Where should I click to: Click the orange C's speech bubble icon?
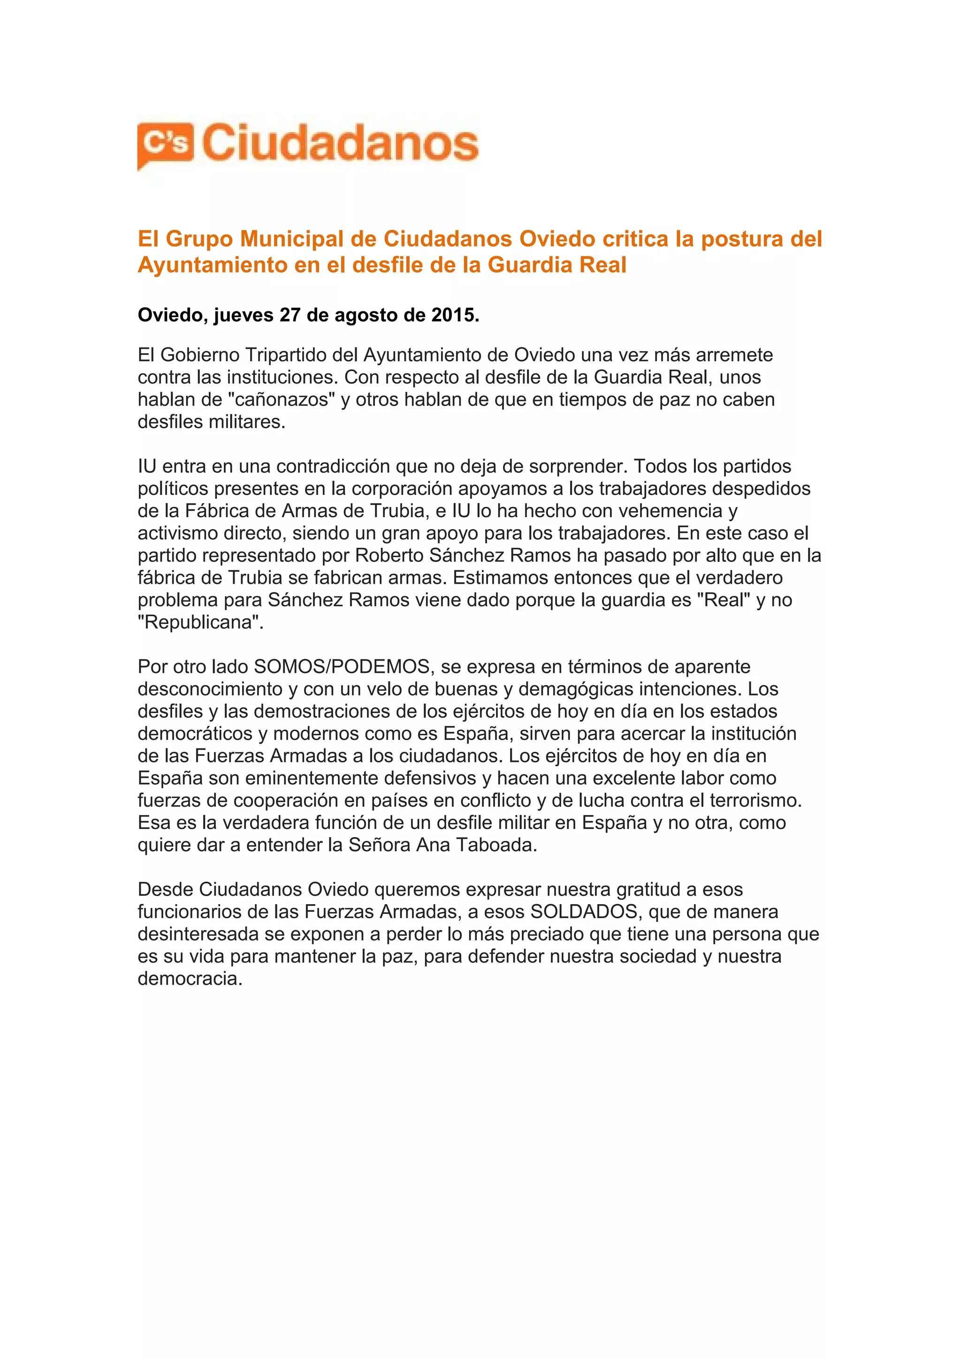point(165,144)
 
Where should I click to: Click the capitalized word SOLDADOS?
point(583,912)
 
